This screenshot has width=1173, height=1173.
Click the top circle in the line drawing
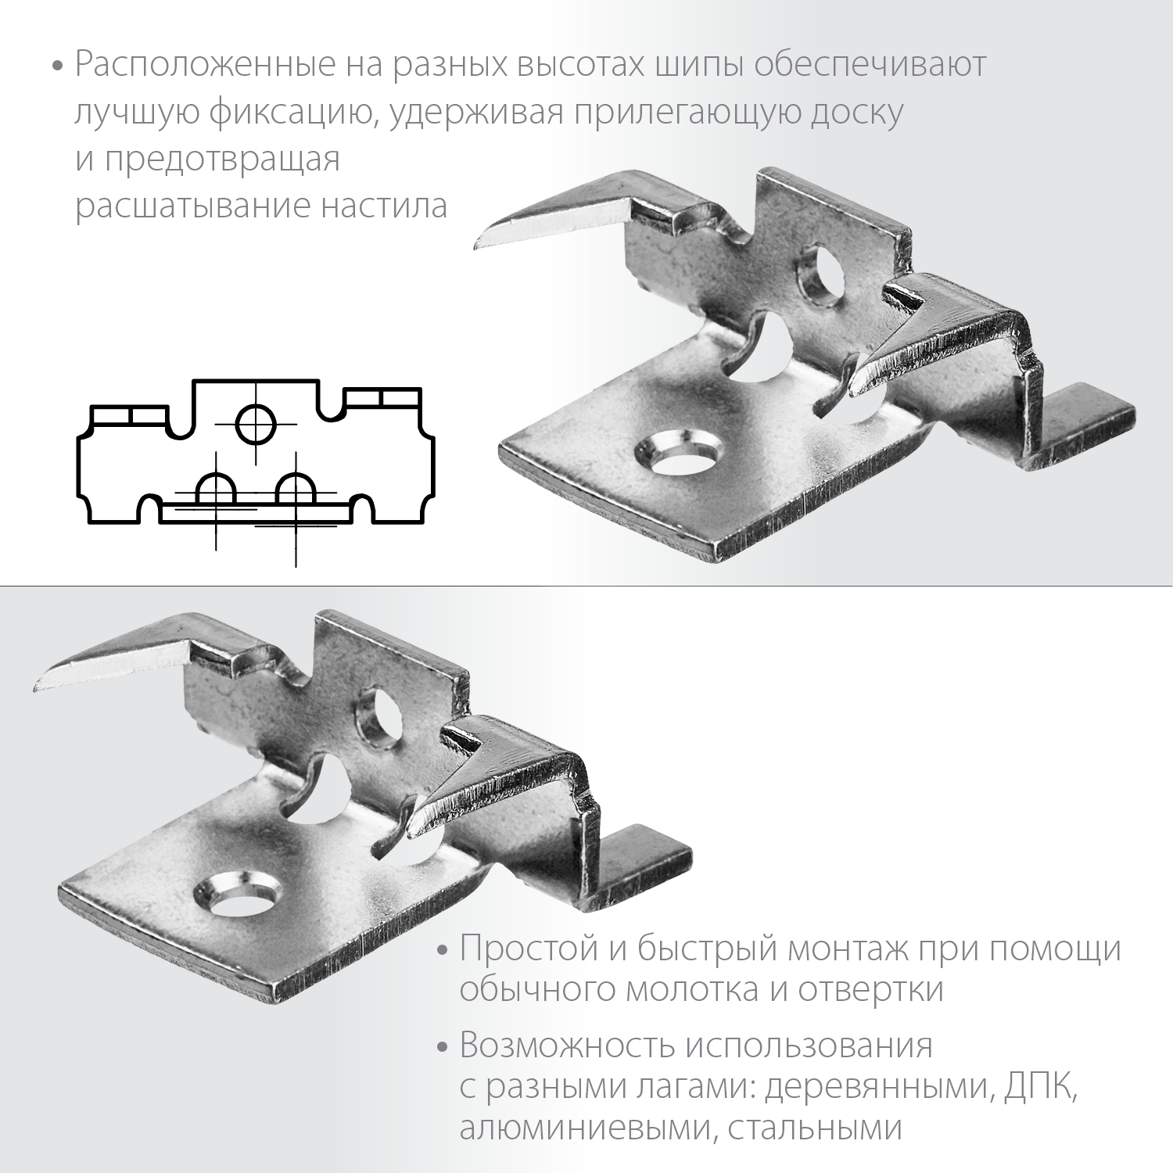coord(256,424)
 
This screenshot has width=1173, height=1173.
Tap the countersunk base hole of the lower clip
coord(236,891)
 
